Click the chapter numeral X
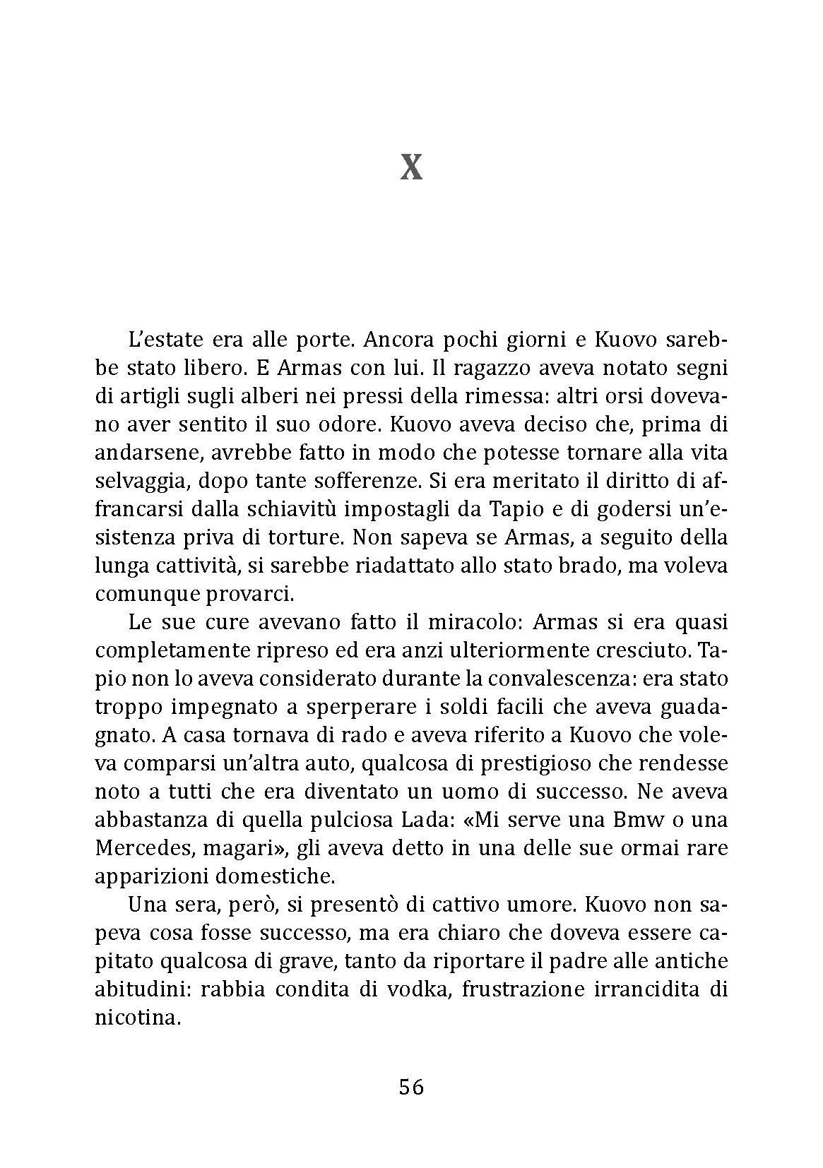(x=411, y=168)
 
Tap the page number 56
(x=411, y=1087)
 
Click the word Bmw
(x=604, y=820)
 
